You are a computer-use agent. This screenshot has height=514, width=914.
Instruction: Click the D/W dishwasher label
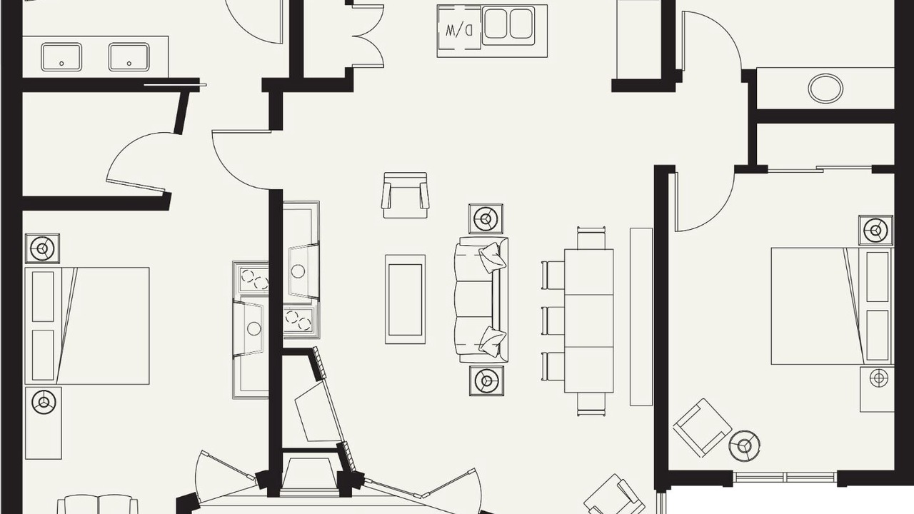[458, 30]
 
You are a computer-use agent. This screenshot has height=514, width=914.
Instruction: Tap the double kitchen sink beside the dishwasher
[508, 25]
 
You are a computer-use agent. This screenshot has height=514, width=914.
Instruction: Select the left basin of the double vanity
[61, 57]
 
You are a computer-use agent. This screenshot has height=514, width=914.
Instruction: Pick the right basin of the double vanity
[129, 57]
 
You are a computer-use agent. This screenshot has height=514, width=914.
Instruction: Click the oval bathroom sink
[825, 88]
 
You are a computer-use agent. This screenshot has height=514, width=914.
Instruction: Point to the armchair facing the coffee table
[405, 195]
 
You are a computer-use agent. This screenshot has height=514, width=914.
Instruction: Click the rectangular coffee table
[405, 299]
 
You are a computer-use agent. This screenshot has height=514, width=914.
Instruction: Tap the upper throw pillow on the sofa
[493, 257]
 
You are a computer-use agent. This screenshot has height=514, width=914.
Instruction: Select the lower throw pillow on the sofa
[493, 340]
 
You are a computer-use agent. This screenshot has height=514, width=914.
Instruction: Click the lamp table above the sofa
[486, 219]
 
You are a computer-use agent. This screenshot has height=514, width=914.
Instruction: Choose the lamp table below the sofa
[486, 381]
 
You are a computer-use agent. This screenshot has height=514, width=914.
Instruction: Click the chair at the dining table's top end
[591, 238]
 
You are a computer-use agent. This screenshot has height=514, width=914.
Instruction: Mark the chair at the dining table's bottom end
[591, 404]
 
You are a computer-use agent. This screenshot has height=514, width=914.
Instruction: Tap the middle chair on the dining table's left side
[553, 321]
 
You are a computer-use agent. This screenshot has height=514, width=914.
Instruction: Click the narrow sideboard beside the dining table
[641, 316]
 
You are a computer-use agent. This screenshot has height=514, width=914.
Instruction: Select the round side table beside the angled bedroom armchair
[744, 445]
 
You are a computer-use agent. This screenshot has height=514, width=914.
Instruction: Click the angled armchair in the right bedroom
[702, 428]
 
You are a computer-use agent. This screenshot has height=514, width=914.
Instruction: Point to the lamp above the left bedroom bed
[42, 248]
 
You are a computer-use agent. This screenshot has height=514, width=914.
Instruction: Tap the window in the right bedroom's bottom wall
[785, 478]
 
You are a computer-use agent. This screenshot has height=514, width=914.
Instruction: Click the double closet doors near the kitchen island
[368, 36]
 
